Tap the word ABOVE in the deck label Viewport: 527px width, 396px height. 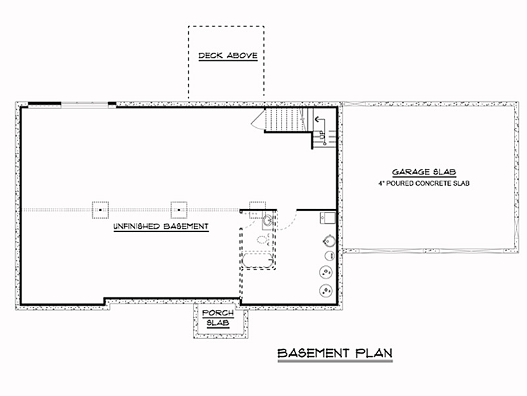[242, 55]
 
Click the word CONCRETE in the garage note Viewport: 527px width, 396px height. [432, 183]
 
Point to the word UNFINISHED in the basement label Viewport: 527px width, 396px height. [137, 226]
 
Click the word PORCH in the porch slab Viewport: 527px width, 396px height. [218, 313]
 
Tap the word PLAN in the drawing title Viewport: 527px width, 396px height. [374, 353]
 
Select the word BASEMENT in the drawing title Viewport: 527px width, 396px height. [313, 353]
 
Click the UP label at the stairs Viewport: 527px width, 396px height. [322, 135]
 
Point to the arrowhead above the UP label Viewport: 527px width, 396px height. [316, 119]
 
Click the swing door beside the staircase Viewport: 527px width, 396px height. [259, 119]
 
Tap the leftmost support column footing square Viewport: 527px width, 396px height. [101, 210]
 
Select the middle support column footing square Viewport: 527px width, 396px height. [179, 210]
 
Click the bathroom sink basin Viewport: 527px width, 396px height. [268, 220]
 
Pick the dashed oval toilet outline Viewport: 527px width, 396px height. [263, 240]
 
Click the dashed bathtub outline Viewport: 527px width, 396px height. [258, 261]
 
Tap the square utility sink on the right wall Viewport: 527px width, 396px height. [328, 218]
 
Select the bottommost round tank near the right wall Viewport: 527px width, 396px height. [326, 290]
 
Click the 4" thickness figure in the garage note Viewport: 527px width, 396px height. [381, 183]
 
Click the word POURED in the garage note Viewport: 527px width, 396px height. [400, 183]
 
